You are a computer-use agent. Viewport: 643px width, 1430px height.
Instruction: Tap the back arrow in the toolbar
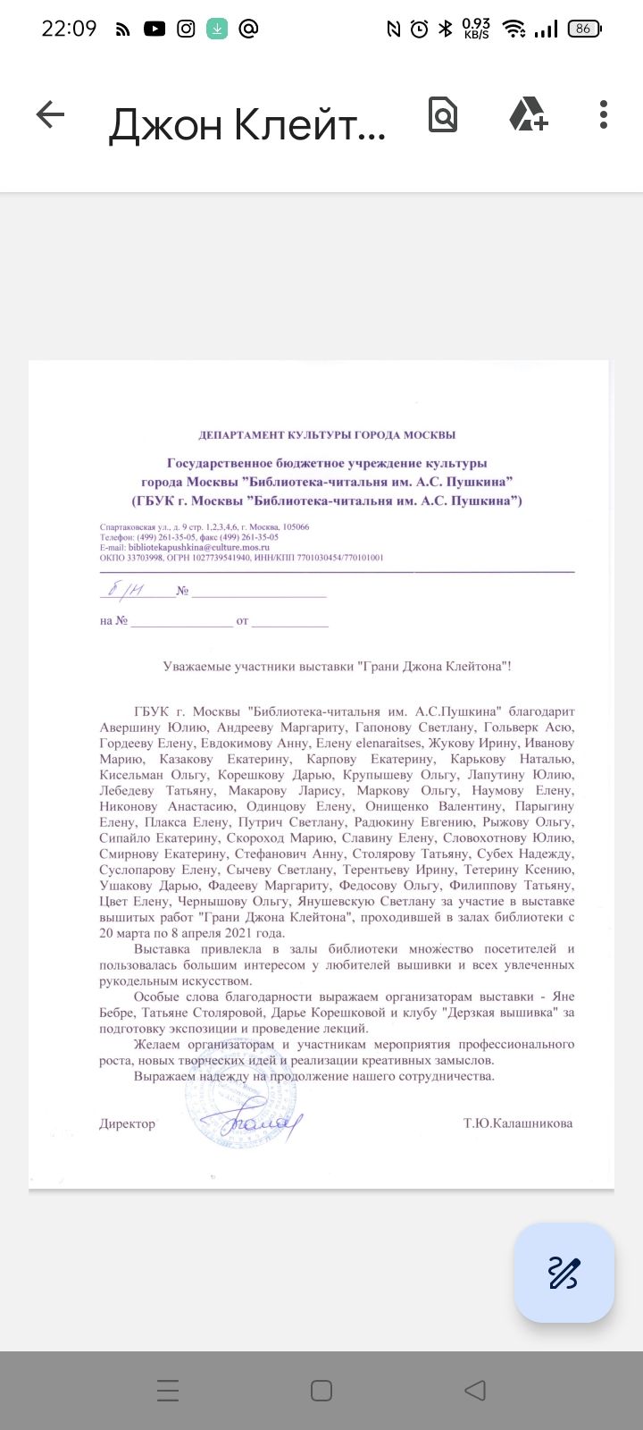51,114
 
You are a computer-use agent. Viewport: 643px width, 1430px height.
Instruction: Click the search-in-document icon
443,114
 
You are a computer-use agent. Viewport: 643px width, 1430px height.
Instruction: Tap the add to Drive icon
528,114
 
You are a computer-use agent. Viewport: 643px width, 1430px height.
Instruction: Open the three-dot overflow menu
604,114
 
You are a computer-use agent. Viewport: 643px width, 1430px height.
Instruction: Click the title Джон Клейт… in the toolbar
247,125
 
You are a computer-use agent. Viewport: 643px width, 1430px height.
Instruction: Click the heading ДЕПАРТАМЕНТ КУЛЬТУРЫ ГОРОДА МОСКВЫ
327,435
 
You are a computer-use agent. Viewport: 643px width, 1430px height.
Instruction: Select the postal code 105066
293,527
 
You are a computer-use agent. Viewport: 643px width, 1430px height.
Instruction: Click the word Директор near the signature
127,1123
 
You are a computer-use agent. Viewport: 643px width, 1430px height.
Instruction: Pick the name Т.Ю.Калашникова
518,1123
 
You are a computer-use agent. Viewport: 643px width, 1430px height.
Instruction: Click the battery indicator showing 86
584,29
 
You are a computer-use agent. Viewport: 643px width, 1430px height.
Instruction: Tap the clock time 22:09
69,29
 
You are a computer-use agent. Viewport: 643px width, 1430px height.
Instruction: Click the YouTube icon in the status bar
154,29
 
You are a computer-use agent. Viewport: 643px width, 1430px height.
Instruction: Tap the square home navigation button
321,1391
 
